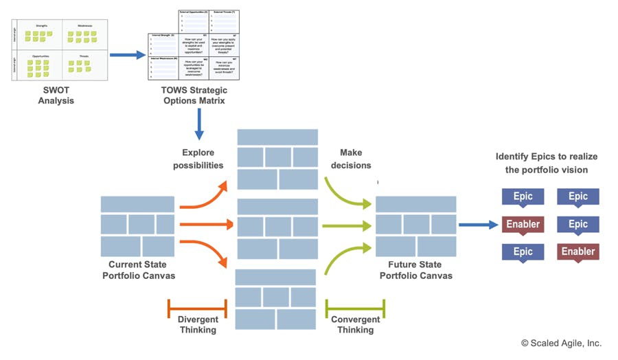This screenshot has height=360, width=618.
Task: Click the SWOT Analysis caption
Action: coord(56,95)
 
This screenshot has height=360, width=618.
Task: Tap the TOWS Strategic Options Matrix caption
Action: coord(194,95)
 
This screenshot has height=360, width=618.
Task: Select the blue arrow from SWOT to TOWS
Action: coord(127,55)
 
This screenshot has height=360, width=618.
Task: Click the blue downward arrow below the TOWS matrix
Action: coord(199,124)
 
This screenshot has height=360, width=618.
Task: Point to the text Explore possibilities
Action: coord(198,159)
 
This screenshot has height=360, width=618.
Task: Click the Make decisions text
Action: coord(351,159)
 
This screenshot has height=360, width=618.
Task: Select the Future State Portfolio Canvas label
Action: coord(416,270)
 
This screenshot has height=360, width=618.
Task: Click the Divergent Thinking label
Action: coord(198,324)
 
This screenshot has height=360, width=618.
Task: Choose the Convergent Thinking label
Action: coord(355,324)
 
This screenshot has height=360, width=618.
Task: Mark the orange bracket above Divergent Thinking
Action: coord(198,308)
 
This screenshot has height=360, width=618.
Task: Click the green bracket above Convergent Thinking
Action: coord(355,308)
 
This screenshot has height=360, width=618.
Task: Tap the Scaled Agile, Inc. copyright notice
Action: coord(561,343)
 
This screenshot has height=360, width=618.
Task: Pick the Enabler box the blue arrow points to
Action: coord(523,225)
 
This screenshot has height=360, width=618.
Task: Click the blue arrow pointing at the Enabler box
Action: coord(478,225)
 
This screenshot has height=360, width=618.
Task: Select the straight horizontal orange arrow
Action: coord(206,225)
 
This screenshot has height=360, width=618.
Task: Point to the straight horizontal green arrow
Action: coord(347,225)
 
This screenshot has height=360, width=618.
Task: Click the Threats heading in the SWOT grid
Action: coord(84,56)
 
